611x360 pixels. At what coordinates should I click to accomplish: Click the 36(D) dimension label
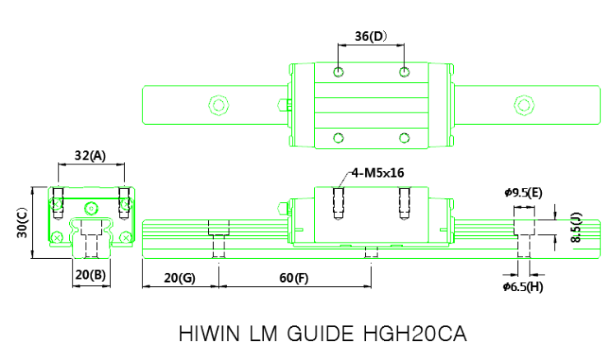point(370,37)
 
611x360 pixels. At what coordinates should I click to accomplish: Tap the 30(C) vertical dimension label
point(22,222)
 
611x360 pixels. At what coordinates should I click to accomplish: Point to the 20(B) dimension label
point(90,275)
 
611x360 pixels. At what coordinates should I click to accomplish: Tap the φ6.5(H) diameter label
point(523,286)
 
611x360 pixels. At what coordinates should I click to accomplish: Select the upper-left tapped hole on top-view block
point(338,72)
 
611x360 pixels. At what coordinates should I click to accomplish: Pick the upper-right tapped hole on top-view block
point(404,72)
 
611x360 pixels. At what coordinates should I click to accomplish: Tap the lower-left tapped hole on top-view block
point(338,136)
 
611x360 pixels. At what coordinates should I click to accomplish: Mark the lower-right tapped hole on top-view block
point(404,136)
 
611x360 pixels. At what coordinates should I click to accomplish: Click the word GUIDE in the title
point(312,335)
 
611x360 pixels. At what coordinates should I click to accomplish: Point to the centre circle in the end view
point(91,205)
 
